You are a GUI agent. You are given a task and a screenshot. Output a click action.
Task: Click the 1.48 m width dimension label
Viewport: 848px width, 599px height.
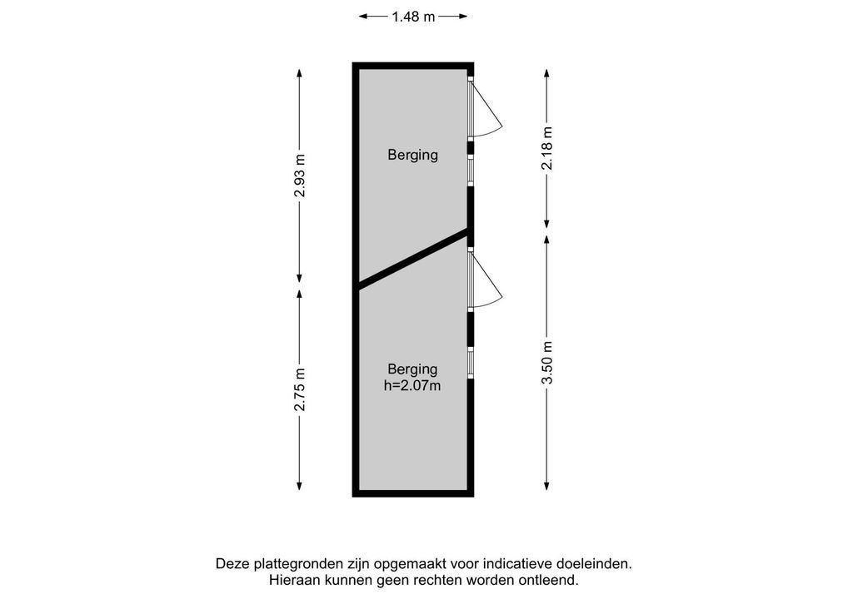tap(413, 17)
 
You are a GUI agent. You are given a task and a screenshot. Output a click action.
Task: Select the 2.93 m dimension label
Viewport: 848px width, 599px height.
tap(300, 176)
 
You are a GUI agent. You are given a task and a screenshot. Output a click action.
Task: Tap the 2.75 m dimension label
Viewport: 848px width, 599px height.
tap(300, 389)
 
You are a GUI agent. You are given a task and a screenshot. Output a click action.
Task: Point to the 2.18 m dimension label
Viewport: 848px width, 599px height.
tap(546, 148)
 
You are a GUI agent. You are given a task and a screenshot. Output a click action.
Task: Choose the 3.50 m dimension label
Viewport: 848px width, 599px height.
tap(546, 363)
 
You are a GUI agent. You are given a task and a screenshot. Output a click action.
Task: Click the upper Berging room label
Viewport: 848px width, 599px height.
tap(412, 155)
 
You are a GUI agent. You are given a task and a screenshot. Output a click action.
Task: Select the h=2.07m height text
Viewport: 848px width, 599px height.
tap(412, 386)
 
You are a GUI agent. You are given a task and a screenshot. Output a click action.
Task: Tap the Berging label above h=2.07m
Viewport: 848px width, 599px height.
tap(412, 369)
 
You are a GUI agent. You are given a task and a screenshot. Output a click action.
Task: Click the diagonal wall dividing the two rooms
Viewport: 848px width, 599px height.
tap(413, 259)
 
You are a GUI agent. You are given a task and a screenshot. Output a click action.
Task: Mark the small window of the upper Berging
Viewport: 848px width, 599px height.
tap(471, 171)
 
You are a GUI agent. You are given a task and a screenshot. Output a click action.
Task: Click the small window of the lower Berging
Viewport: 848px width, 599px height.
tap(471, 363)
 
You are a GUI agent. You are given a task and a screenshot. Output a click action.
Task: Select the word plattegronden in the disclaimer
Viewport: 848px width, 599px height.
tap(292, 564)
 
